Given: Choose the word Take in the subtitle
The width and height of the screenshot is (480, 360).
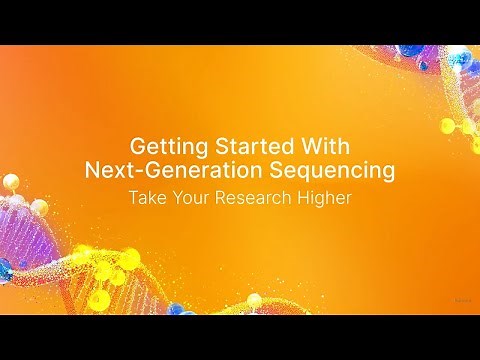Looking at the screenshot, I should point(146,197).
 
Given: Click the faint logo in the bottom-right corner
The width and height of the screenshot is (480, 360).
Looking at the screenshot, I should point(462,297).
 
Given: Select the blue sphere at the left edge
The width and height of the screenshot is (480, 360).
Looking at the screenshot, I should point(5,267).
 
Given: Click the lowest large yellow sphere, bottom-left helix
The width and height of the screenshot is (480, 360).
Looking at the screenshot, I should point(100,299).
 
